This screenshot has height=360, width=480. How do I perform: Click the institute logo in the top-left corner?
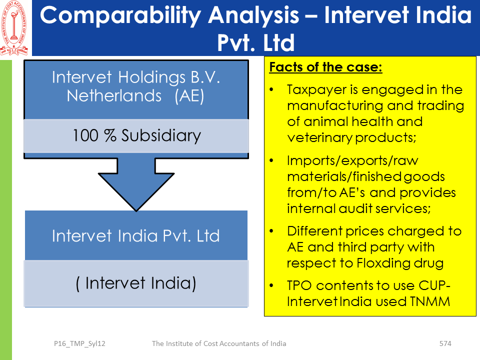14,28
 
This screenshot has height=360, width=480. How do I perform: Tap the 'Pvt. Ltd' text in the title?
256,42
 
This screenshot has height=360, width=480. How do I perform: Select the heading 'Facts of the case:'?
325,66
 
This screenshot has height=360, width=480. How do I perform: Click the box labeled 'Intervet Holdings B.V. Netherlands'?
136,89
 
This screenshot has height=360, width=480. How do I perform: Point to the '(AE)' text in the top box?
189,96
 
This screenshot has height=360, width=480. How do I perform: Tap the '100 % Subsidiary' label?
136,135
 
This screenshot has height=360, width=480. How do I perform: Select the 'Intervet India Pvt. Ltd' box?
136,235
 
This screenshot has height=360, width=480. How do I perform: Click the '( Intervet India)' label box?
136,283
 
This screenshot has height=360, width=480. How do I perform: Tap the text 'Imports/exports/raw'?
352,160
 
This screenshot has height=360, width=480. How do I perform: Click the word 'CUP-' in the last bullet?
434,285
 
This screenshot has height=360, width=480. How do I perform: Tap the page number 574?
445,343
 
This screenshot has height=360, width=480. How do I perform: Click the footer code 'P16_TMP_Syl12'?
79,344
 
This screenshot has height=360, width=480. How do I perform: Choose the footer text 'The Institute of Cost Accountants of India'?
219,343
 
